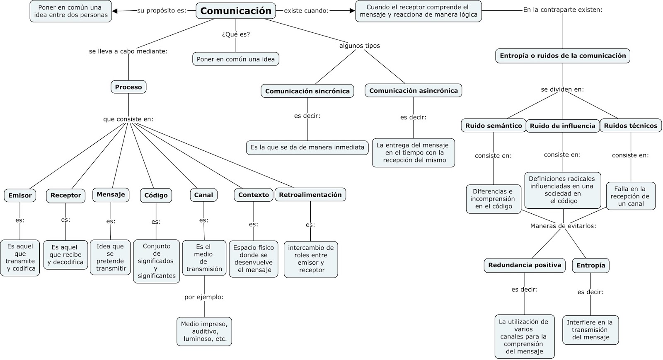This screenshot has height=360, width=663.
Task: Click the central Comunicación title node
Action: tap(235, 11)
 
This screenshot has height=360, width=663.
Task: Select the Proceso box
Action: tap(128, 87)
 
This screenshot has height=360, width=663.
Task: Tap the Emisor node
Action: tap(20, 196)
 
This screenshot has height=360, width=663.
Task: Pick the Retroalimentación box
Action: tap(310, 195)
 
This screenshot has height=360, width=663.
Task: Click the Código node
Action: tap(156, 196)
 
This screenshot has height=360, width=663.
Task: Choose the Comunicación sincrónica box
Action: tap(307, 91)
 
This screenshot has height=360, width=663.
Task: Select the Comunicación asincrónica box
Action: tap(413, 91)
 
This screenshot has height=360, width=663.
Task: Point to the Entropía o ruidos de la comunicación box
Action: tap(563, 56)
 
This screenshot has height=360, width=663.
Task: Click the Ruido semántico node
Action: tap(493, 126)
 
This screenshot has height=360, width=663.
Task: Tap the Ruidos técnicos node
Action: tap(630, 126)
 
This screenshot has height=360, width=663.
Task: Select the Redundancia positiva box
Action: tap(525, 265)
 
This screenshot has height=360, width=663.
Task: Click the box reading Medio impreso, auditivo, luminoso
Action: tap(204, 331)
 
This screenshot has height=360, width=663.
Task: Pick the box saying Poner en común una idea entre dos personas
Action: tap(70, 11)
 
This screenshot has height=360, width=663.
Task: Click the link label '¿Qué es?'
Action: tap(236, 34)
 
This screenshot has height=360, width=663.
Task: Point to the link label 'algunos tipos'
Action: tap(359, 46)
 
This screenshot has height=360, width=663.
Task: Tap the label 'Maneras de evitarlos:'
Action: tap(563, 226)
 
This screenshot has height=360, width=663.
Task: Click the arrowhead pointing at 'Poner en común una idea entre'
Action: tap(116, 11)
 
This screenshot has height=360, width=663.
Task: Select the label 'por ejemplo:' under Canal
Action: tap(204, 297)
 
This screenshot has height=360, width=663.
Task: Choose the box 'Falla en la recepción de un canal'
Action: tap(630, 196)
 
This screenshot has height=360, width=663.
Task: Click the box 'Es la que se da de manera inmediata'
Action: tap(307, 147)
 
